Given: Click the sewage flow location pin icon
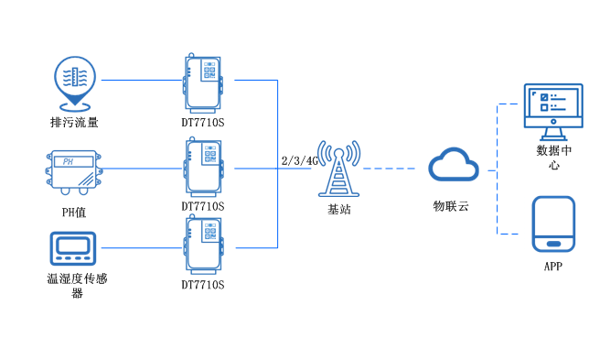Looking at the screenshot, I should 73,80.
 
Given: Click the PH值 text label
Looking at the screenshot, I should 72,212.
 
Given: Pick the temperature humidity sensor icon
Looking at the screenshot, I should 72,247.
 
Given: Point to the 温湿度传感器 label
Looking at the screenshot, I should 77,286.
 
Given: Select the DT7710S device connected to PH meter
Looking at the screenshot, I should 203,167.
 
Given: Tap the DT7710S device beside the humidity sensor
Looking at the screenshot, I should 203,245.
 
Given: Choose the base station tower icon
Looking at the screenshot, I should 337,167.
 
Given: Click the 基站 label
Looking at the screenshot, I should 338,210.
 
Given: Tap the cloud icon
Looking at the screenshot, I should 454,166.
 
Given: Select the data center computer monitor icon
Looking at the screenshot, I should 552,106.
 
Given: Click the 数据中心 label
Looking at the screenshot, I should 554,158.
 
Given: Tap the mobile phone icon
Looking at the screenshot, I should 553,224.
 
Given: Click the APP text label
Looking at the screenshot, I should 553,267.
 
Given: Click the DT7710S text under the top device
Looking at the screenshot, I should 203,122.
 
